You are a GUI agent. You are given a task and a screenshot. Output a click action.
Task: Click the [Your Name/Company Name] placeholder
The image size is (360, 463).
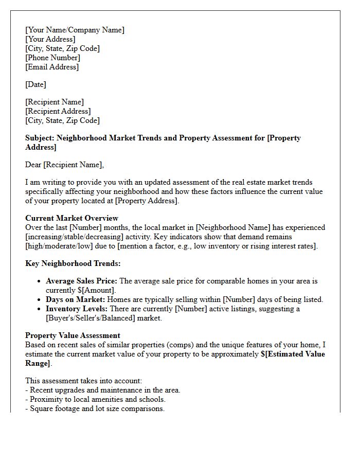75,30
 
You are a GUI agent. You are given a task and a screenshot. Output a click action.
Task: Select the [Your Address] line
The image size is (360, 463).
50,39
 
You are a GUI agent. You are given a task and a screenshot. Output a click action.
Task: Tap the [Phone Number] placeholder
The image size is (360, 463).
52,58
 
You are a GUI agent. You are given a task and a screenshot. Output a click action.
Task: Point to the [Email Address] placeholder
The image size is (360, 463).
52,67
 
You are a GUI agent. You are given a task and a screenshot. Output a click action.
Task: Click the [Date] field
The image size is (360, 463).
35,84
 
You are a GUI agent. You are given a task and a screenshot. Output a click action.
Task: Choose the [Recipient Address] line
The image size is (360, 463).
58,111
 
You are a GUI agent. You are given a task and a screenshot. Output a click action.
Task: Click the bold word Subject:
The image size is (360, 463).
40,138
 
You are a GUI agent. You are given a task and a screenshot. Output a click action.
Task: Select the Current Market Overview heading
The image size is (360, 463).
71,218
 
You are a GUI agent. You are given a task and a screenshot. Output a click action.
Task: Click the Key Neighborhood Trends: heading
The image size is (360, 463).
73,263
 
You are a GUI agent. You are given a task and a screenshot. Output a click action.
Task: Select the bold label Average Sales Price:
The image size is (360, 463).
81,281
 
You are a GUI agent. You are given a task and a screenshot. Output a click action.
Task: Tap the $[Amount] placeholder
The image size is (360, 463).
97,291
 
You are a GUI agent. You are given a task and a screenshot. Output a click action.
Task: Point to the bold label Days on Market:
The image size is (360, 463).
75,299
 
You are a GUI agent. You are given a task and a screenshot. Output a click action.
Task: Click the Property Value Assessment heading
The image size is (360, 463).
73,335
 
